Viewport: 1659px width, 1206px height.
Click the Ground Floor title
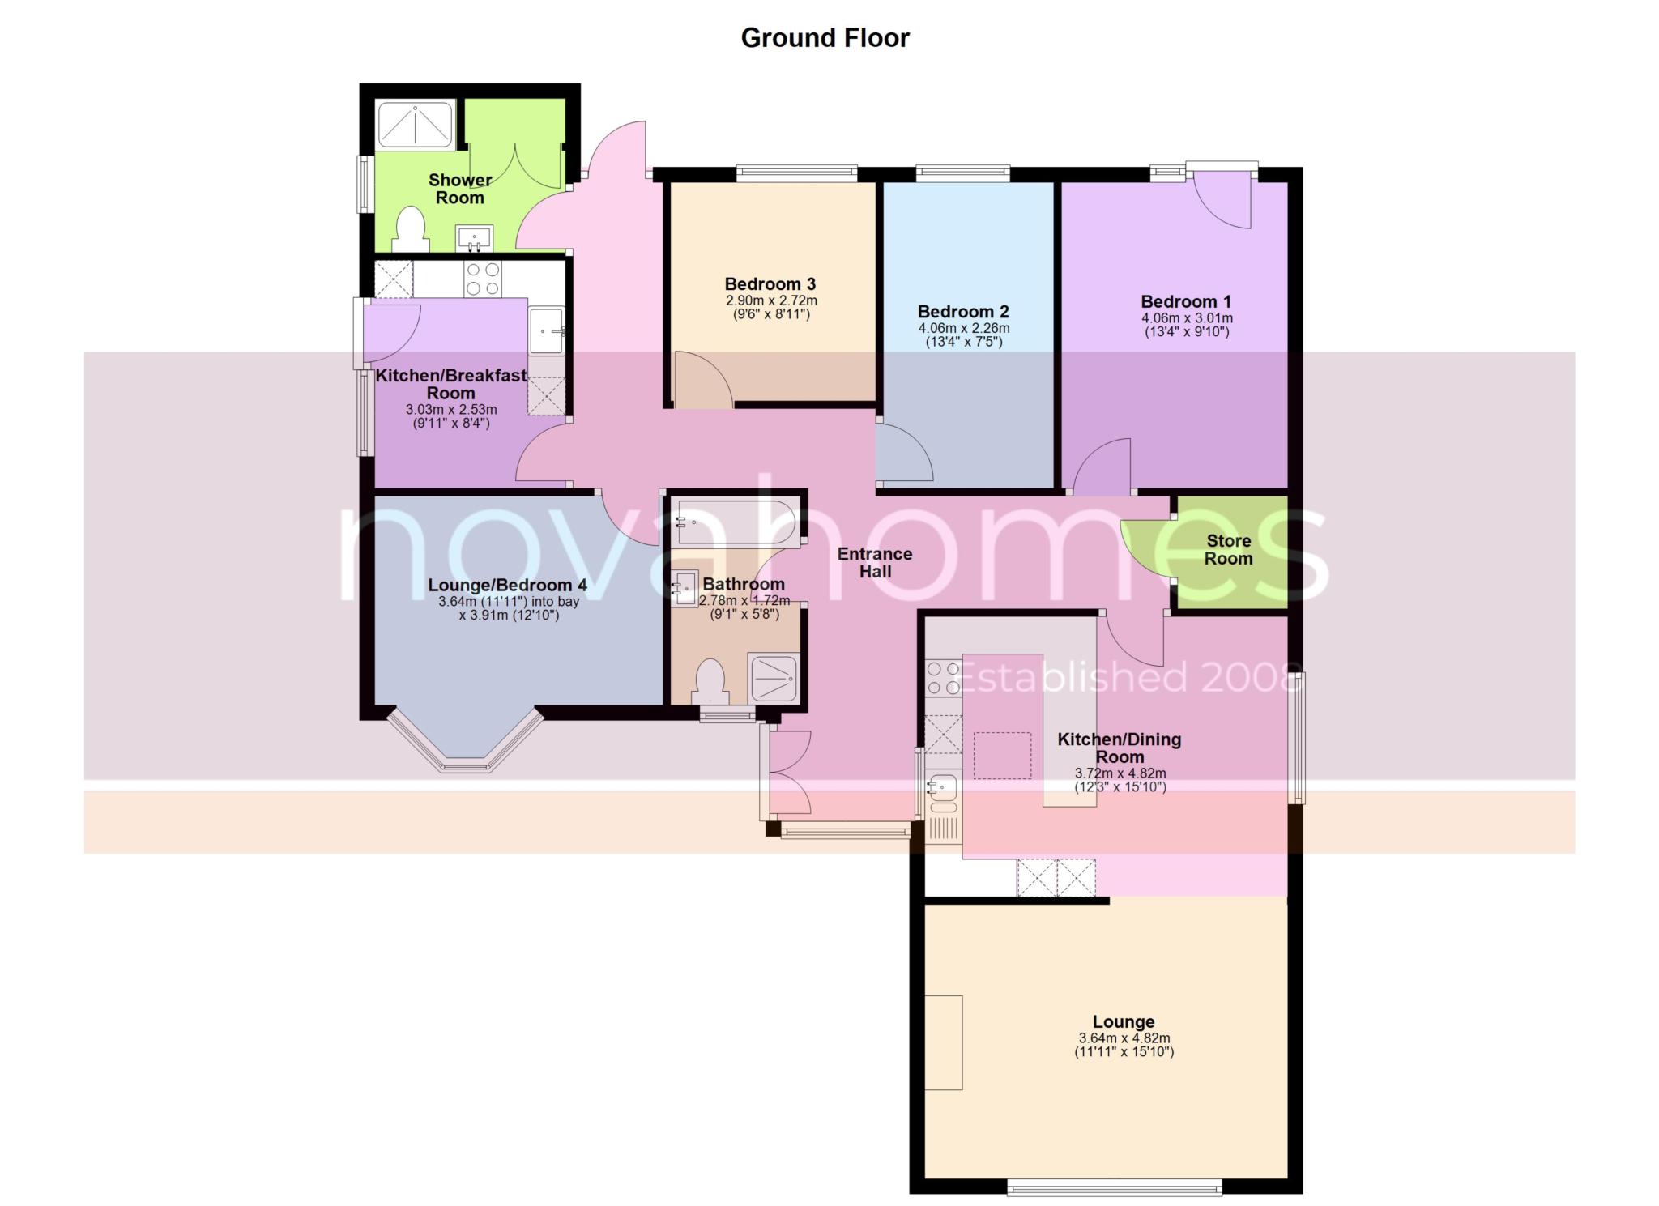tap(825, 38)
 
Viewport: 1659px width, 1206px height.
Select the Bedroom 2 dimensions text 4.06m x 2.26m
tap(963, 329)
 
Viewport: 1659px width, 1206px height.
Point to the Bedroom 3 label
tap(770, 284)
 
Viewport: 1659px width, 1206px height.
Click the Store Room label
tap(1229, 550)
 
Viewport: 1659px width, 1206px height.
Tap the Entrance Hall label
tap(875, 563)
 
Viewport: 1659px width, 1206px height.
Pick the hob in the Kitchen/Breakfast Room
tap(482, 279)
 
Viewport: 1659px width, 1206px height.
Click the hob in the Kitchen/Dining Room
tap(944, 679)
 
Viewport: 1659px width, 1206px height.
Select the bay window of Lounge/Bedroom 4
tap(464, 744)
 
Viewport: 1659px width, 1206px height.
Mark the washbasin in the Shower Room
tap(474, 238)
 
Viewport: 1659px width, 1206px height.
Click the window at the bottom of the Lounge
tap(1115, 1187)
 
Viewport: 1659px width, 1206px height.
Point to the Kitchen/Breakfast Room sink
tap(547, 330)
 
